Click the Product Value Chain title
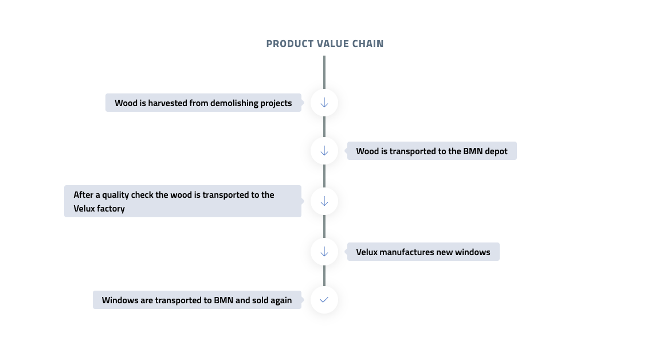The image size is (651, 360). coord(325,44)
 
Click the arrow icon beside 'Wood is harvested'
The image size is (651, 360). coord(324,103)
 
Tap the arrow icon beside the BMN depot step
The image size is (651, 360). coord(324,151)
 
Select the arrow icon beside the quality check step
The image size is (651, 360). coord(324,202)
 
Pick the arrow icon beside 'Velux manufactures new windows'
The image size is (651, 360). coord(324,252)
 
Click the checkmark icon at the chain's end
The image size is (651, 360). coord(324,300)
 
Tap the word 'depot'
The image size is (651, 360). coord(496,151)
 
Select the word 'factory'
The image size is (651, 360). coord(111,209)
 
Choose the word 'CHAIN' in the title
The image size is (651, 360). coord(368,44)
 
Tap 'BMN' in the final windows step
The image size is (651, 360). coord(223,300)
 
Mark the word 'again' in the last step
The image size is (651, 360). coord(281,300)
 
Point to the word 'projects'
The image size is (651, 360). coord(276,103)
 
